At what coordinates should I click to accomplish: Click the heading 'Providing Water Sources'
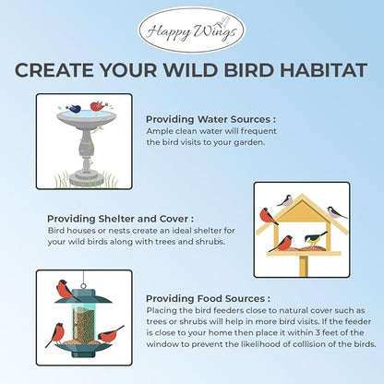coord(210,119)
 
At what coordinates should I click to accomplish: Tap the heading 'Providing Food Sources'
coord(208,299)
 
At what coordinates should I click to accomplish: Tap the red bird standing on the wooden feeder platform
coord(285,244)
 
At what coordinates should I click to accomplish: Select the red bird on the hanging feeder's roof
coord(65,291)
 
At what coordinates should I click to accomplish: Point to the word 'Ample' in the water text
coord(159,132)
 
